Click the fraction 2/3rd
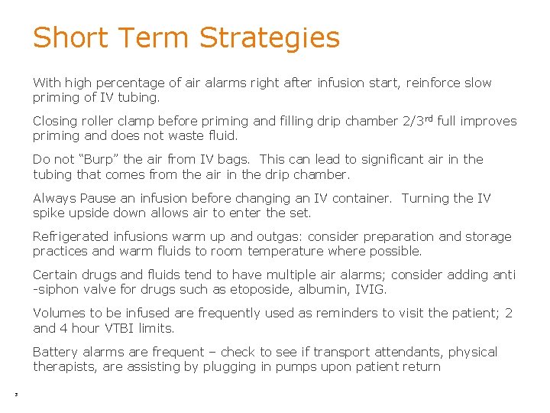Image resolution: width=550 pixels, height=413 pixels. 420,121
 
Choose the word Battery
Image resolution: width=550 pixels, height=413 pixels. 55,352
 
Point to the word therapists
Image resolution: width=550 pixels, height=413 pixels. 62,366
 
